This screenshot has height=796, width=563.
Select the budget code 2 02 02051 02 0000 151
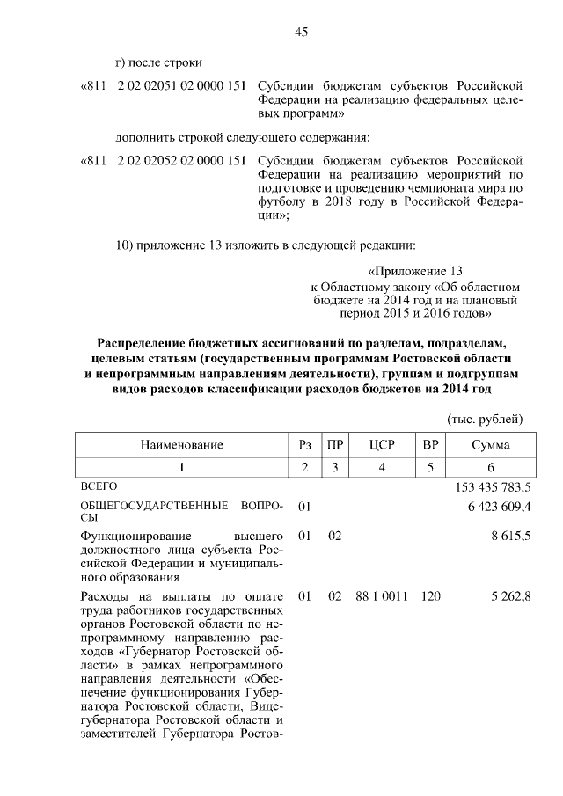coord(180,85)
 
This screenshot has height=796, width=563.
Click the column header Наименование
coord(182,445)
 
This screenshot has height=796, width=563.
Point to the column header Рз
coord(305,445)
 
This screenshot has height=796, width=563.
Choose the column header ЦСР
coord(381,445)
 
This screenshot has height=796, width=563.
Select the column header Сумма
coord(490,445)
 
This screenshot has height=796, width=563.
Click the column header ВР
coord(430,445)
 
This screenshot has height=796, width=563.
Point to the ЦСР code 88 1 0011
coord(381,596)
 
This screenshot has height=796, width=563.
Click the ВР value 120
coord(430,596)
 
